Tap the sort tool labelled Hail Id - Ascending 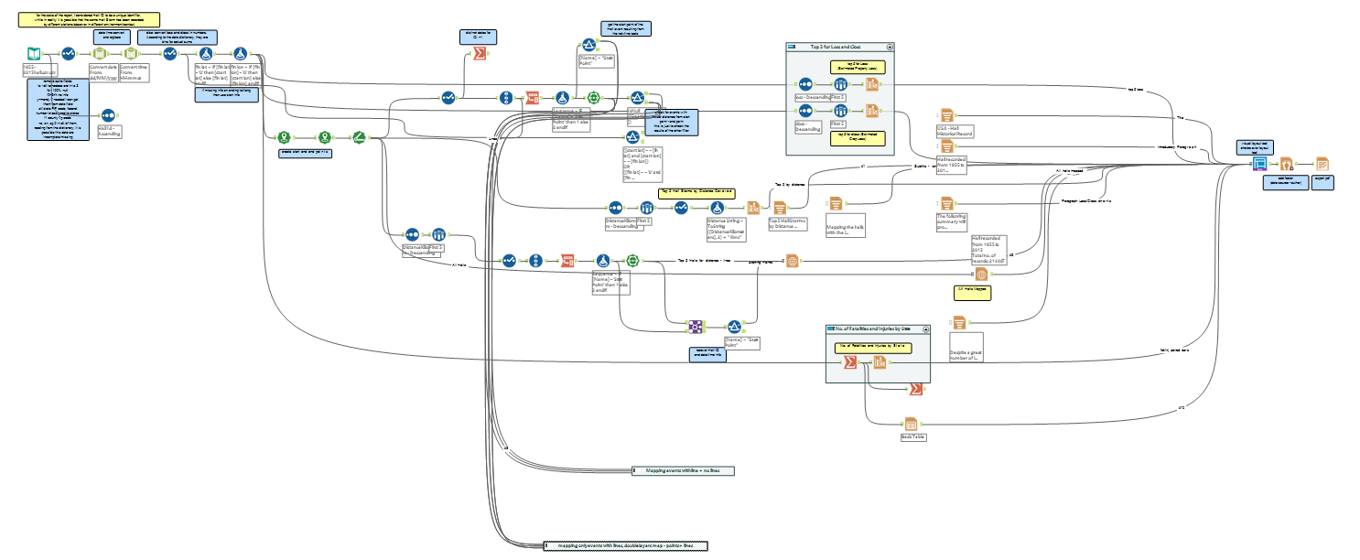click(108, 115)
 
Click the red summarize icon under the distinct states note click(477, 55)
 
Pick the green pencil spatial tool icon click(359, 137)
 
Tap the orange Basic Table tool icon click(911, 425)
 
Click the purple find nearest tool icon click(695, 326)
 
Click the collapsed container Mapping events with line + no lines click(683, 470)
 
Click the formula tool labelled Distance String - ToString click(717, 208)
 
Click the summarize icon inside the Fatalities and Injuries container click(849, 362)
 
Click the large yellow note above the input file click(91, 20)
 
